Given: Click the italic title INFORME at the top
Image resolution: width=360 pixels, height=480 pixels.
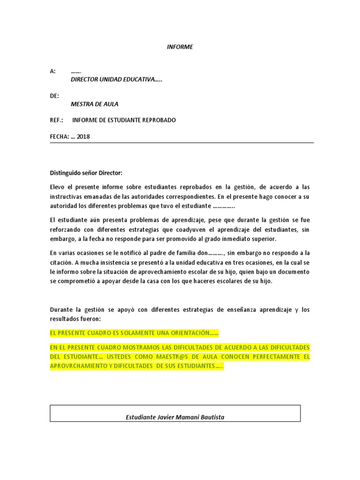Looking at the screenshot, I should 180,47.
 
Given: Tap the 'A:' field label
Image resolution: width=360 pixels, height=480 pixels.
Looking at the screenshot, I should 52,71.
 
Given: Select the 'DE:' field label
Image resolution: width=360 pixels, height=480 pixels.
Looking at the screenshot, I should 54,96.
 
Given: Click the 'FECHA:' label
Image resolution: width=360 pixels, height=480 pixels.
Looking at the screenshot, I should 59,137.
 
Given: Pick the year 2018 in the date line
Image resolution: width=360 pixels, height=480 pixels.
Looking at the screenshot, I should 83,137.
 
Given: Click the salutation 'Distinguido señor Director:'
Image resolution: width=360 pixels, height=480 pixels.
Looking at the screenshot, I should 85,173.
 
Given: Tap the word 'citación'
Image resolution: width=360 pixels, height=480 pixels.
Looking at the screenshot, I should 61,262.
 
